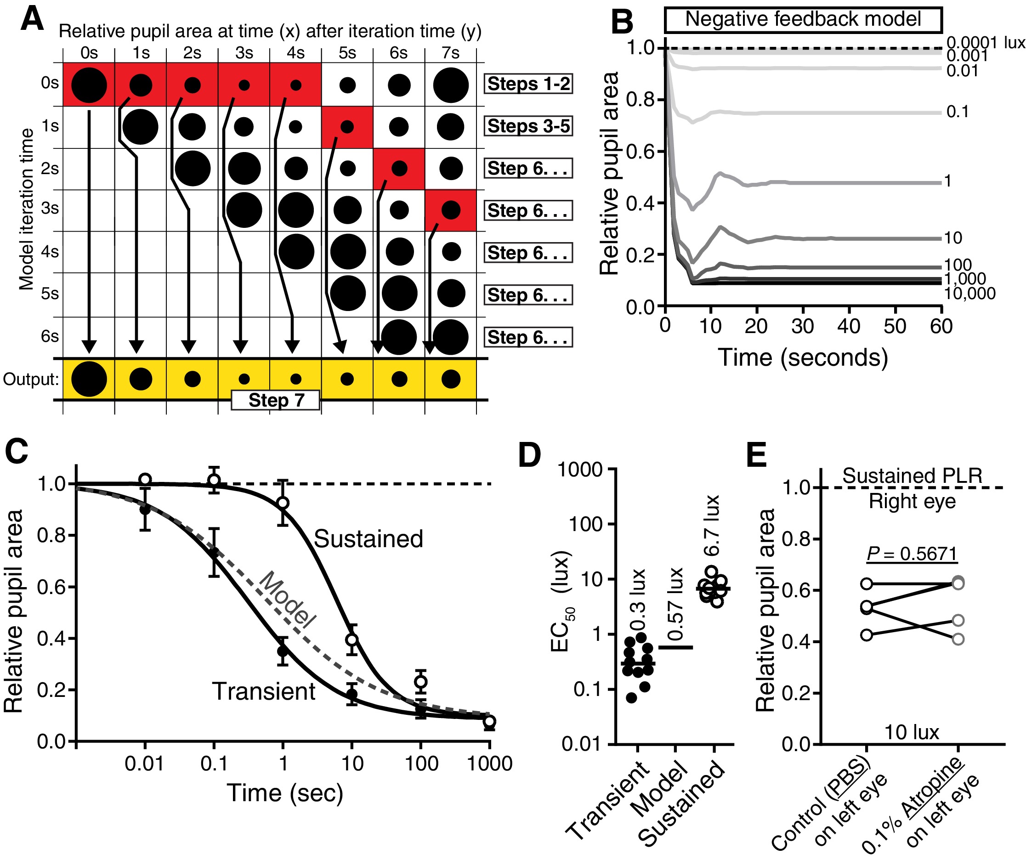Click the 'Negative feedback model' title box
[803, 20]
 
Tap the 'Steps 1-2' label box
[528, 84]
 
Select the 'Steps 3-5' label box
[528, 126]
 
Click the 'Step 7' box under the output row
[276, 400]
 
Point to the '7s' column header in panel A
[450, 53]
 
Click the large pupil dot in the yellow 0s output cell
[89, 379]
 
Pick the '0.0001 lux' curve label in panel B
[985, 43]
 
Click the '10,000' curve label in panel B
[970, 294]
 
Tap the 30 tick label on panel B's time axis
[802, 326]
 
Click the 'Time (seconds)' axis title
[802, 357]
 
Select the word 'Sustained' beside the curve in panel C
[368, 539]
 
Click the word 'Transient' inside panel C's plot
[264, 691]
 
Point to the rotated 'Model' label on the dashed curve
[287, 600]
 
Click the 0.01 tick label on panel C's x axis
[144, 764]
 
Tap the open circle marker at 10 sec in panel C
[352, 639]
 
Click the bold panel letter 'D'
[529, 456]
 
